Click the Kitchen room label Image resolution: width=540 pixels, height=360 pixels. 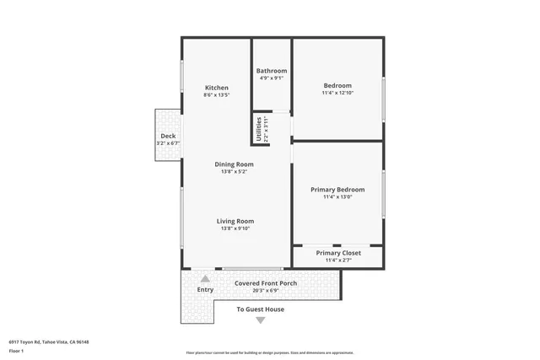coord(217,88)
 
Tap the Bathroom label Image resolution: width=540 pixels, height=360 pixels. coord(273,71)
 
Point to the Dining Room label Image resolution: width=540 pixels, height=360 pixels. coord(234,164)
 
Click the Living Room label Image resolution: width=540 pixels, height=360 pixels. coord(235,221)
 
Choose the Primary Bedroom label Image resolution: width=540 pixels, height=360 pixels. coord(337,190)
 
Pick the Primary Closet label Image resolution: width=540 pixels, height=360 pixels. coord(337,253)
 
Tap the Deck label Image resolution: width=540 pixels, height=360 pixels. coord(168,137)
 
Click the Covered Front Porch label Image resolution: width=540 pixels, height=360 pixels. coord(265,283)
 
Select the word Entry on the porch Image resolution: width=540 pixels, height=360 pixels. coord(205,290)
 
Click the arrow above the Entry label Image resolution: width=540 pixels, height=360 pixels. coord(205,278)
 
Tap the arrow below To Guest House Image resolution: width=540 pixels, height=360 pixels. coord(260,320)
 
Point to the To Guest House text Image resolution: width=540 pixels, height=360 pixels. coord(260,309)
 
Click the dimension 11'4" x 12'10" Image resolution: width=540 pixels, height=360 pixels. coord(337,94)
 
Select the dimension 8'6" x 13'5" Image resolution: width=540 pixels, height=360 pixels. coord(217,95)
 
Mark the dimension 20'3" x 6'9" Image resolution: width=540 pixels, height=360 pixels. coord(265,291)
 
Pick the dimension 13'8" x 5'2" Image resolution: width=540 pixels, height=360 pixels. coord(234,172)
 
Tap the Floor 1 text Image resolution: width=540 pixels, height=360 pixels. coord(16,350)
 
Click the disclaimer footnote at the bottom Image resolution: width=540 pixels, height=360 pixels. coord(270,352)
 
